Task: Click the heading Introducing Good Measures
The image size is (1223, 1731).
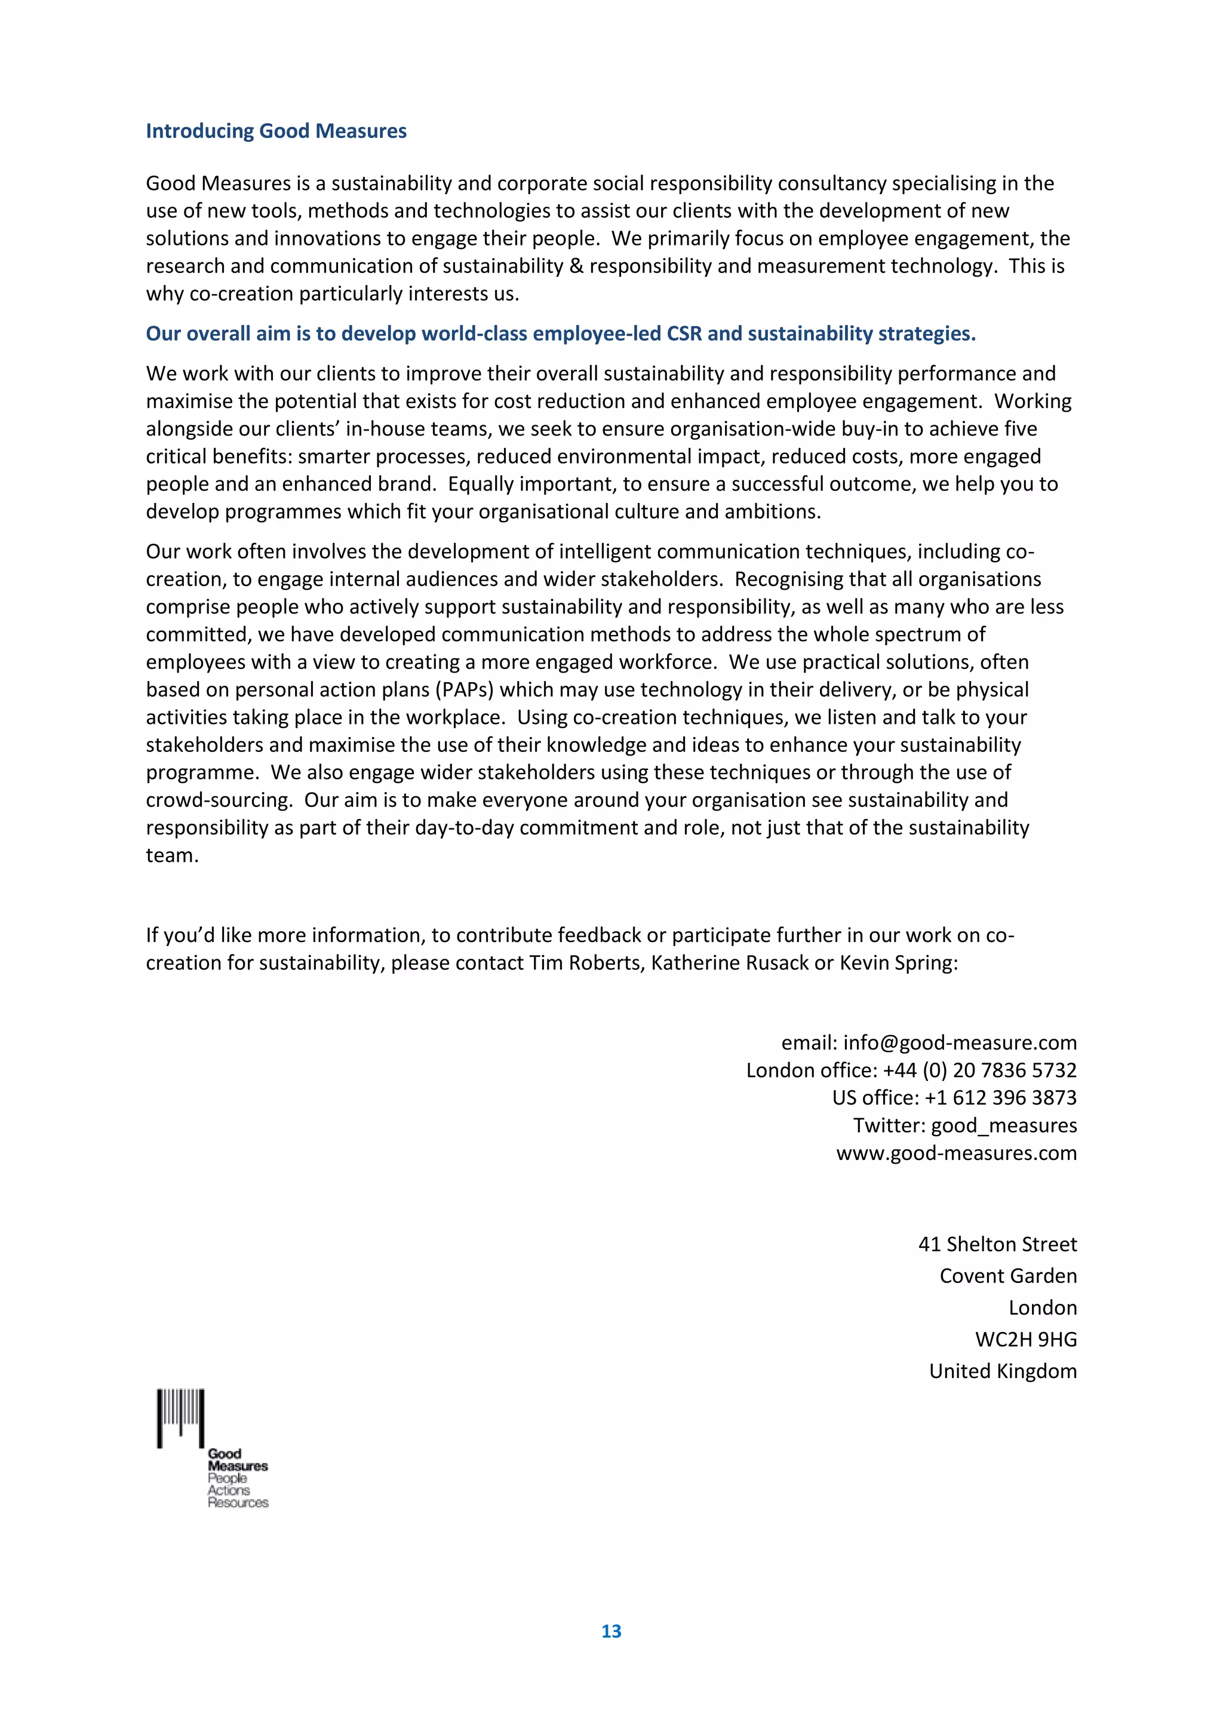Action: [276, 131]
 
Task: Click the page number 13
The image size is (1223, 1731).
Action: [611, 1631]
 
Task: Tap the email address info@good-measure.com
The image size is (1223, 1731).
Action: [959, 1043]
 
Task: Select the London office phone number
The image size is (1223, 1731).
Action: [979, 1070]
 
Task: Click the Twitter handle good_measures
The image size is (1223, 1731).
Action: [1004, 1125]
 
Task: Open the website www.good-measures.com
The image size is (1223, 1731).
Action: [956, 1153]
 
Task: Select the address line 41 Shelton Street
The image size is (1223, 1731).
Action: [997, 1244]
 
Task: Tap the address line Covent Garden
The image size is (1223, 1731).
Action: [1007, 1276]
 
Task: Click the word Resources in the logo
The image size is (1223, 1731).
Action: [238, 1503]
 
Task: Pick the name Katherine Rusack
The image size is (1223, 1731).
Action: [729, 963]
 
